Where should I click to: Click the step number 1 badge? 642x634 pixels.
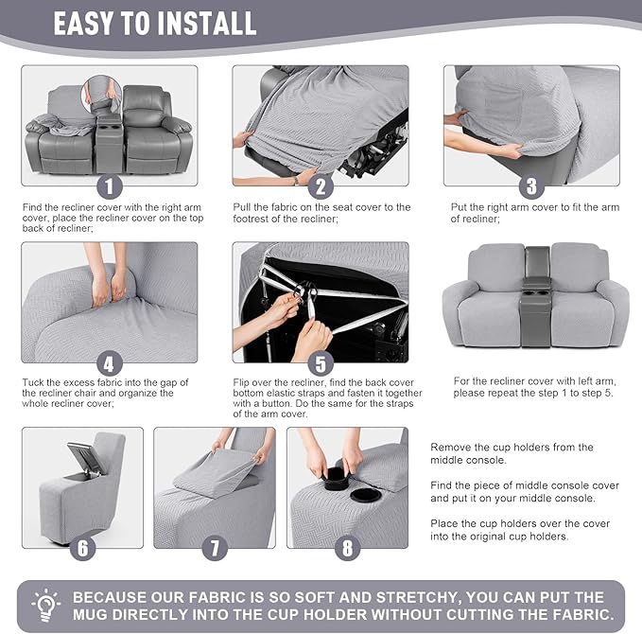click(111, 185)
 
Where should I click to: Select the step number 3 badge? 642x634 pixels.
click(531, 186)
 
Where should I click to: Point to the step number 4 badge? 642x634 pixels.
click(111, 362)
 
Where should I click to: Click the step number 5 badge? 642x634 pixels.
click(321, 363)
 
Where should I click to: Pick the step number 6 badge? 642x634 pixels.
click(83, 548)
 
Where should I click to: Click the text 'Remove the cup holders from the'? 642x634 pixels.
click(512, 447)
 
